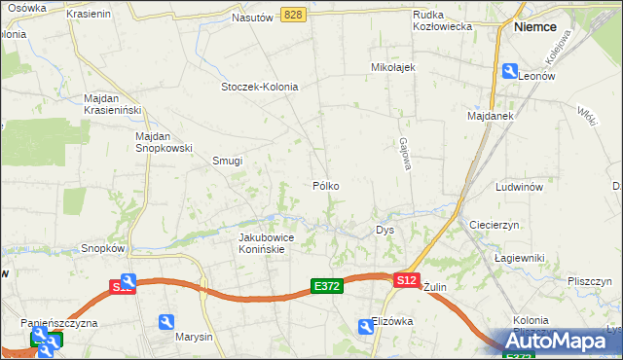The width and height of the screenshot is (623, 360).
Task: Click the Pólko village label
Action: pyautogui.click(x=326, y=185)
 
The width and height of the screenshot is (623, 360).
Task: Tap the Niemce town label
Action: pyautogui.click(x=534, y=28)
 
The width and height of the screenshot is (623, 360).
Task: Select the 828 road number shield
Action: pyautogui.click(x=293, y=15)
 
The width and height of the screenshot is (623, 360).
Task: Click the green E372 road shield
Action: pyautogui.click(x=326, y=286)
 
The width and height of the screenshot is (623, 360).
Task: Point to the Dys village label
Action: pyautogui.click(x=385, y=231)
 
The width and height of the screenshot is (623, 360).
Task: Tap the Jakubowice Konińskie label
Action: pyautogui.click(x=262, y=243)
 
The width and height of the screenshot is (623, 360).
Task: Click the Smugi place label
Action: pyautogui.click(x=227, y=162)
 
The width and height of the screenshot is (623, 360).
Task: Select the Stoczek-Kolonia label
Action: pyautogui.click(x=259, y=87)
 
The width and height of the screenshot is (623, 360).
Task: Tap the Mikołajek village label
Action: pyautogui.click(x=393, y=68)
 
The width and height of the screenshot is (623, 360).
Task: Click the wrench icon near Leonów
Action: pyautogui.click(x=509, y=71)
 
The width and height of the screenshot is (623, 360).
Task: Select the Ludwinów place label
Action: pyautogui.click(x=519, y=186)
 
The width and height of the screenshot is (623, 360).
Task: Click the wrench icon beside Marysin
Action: pyautogui.click(x=166, y=322)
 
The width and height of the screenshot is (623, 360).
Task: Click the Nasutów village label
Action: pyautogui.click(x=252, y=18)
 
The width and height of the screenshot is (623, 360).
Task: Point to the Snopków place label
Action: pyautogui.click(x=103, y=248)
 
